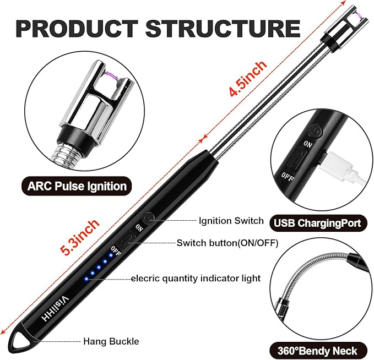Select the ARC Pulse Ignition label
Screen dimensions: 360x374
tap(77, 186)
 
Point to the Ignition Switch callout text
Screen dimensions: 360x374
tap(231, 221)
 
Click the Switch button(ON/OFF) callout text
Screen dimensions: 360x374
tap(227, 243)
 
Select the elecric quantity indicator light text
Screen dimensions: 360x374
tap(196, 278)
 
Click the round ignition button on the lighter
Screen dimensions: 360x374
tap(147, 218)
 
